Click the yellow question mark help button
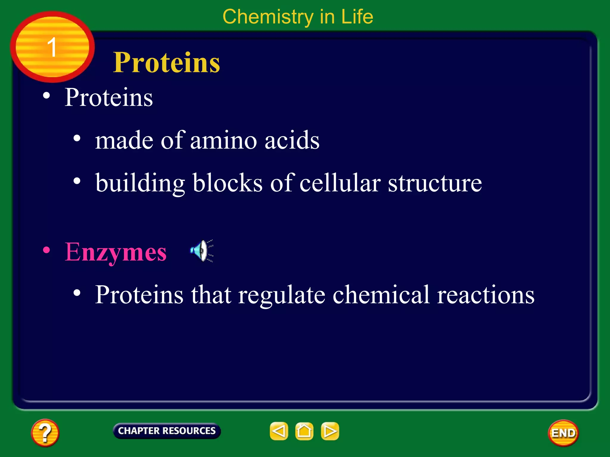[x=45, y=433]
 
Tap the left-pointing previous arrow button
[x=279, y=431]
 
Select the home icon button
[x=304, y=431]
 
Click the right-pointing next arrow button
[x=330, y=431]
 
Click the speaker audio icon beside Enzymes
[x=202, y=251]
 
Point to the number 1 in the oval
[x=52, y=47]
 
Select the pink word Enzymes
[x=116, y=252]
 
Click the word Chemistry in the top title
[x=268, y=17]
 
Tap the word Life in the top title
[x=357, y=17]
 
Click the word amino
[x=223, y=140]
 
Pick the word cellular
[x=340, y=183]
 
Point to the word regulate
[x=282, y=295]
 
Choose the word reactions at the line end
[x=485, y=295]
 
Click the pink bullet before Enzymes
[x=46, y=250]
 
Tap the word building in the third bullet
[x=140, y=183]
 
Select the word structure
[x=435, y=183]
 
